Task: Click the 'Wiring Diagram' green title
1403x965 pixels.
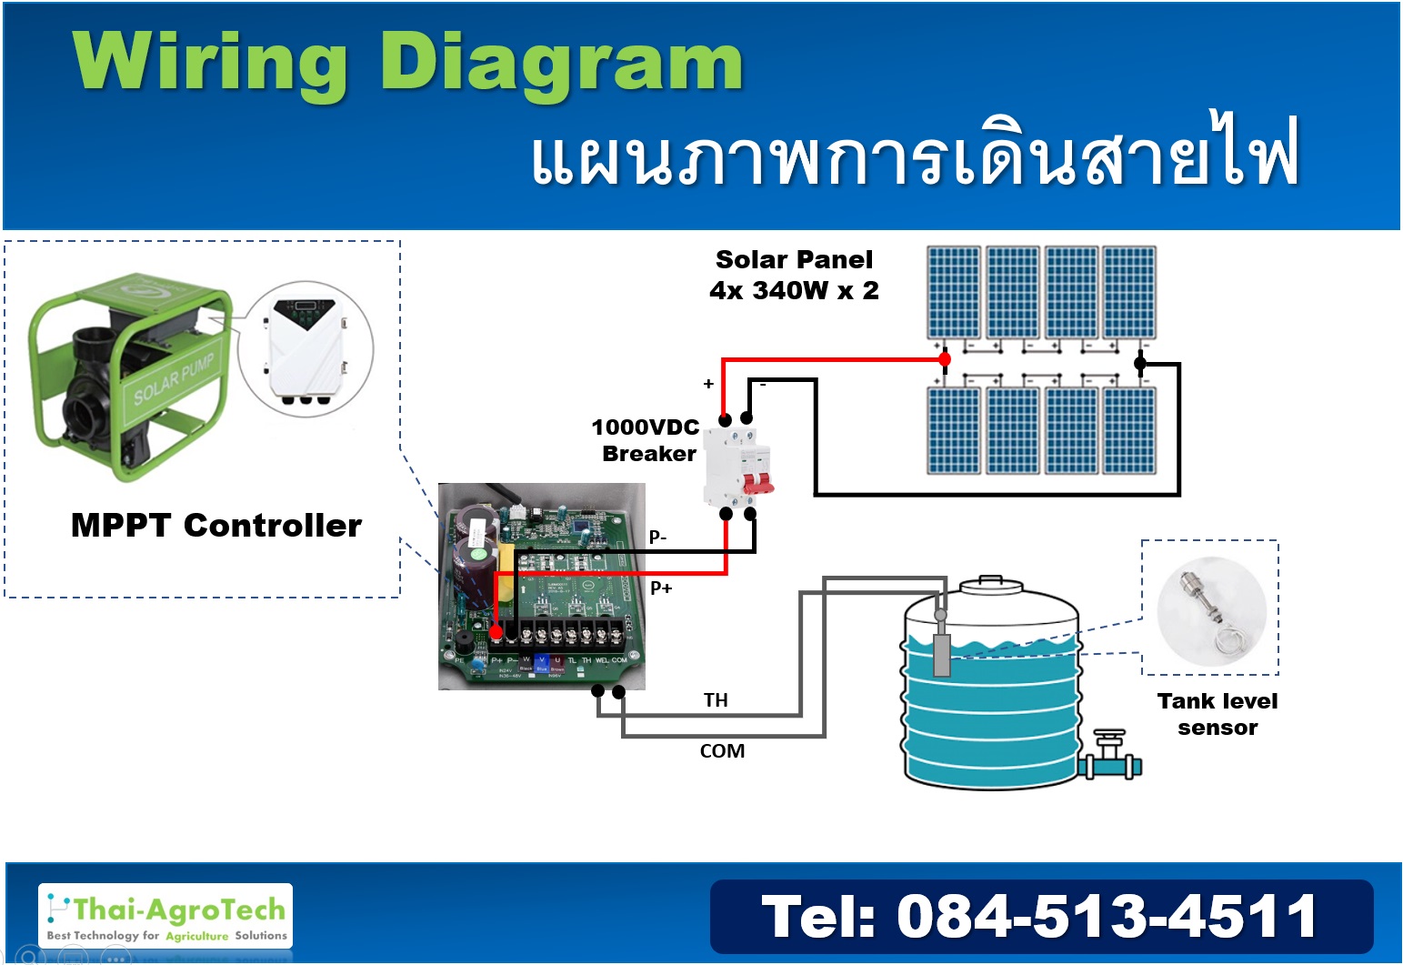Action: [x=407, y=62]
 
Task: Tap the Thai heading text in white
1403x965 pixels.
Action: [x=914, y=153]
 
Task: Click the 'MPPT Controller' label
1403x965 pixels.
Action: [x=216, y=526]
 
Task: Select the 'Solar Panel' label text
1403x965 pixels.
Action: [x=794, y=260]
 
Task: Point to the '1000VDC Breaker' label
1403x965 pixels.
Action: [x=646, y=440]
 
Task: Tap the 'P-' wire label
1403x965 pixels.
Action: [x=657, y=537]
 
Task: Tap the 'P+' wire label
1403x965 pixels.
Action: [x=661, y=588]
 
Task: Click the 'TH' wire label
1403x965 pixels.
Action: [x=716, y=700]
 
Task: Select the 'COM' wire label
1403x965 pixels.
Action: [x=722, y=751]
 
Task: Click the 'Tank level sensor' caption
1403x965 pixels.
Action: [x=1218, y=714]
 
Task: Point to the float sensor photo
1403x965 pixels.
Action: [x=1211, y=609]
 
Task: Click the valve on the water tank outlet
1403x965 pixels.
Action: [x=1109, y=751]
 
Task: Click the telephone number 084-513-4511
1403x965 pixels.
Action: [x=1040, y=916]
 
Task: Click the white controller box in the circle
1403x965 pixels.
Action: [x=306, y=347]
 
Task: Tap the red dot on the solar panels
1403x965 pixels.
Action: [x=945, y=359]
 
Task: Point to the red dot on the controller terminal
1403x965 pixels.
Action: [x=496, y=631]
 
